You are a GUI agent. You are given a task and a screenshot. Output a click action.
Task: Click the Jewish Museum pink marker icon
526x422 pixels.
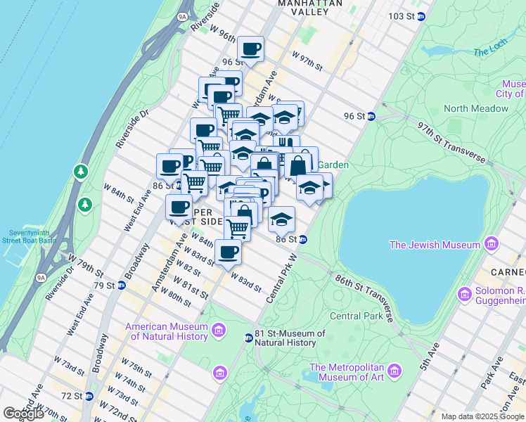pyautogui.click(x=491, y=245)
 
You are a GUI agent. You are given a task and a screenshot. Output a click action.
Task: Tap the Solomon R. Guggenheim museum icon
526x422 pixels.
pyautogui.click(x=464, y=293)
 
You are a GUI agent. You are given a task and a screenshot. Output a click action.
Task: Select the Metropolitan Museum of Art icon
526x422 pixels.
pyautogui.click(x=394, y=371)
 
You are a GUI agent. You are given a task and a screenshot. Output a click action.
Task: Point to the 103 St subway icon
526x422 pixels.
pyautogui.click(x=421, y=16)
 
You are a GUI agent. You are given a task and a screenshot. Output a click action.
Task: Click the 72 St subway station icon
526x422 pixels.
pyautogui.click(x=89, y=397)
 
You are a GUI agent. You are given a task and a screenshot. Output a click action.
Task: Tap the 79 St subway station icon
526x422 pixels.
pyautogui.click(x=122, y=286)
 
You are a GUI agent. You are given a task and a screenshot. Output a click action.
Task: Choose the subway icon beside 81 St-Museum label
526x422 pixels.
pyautogui.click(x=248, y=338)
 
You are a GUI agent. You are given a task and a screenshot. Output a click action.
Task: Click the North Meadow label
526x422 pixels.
pyautogui.click(x=475, y=108)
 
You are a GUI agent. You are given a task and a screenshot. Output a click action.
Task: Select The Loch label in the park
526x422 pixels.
pyautogui.click(x=490, y=51)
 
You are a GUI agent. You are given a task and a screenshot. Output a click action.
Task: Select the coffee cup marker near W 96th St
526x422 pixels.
pyautogui.click(x=250, y=49)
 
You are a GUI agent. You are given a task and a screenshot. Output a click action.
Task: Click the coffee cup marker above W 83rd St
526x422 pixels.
pyautogui.click(x=227, y=252)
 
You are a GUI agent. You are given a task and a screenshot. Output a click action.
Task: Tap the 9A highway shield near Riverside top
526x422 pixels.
pyautogui.click(x=183, y=15)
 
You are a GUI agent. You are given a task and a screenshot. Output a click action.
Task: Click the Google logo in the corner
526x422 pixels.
pyautogui.click(x=24, y=414)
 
